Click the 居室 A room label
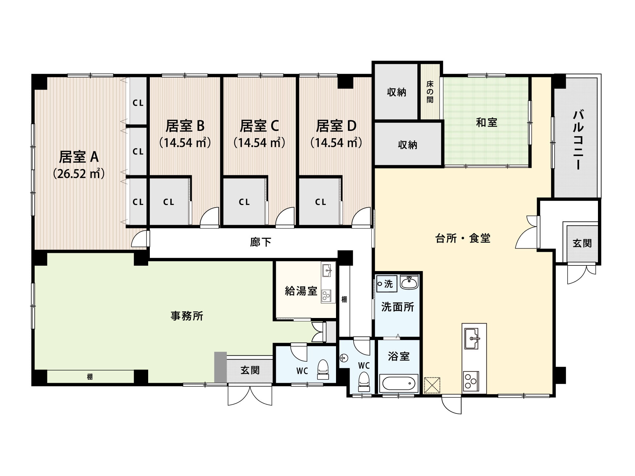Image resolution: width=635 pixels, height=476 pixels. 79,157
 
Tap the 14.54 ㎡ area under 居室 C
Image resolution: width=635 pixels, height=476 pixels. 259,142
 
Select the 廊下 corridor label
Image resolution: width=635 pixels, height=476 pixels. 261,242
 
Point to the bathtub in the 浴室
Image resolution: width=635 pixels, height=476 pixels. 399,383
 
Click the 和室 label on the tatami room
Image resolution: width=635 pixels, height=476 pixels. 487,123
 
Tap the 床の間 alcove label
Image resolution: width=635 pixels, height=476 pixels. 430,91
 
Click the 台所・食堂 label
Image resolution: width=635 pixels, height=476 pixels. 463,238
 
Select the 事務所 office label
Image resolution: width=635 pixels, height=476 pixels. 187,316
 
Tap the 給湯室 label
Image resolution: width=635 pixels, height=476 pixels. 301,291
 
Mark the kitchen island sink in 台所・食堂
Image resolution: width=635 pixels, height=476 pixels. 471,338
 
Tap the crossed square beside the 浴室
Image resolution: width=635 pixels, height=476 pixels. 432,385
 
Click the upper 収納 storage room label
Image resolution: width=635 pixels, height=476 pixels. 397,92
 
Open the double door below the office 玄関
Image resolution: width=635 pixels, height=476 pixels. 250,395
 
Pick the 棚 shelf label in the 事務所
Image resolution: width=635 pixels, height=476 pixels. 90,377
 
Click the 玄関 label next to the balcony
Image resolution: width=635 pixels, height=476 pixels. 582,243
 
